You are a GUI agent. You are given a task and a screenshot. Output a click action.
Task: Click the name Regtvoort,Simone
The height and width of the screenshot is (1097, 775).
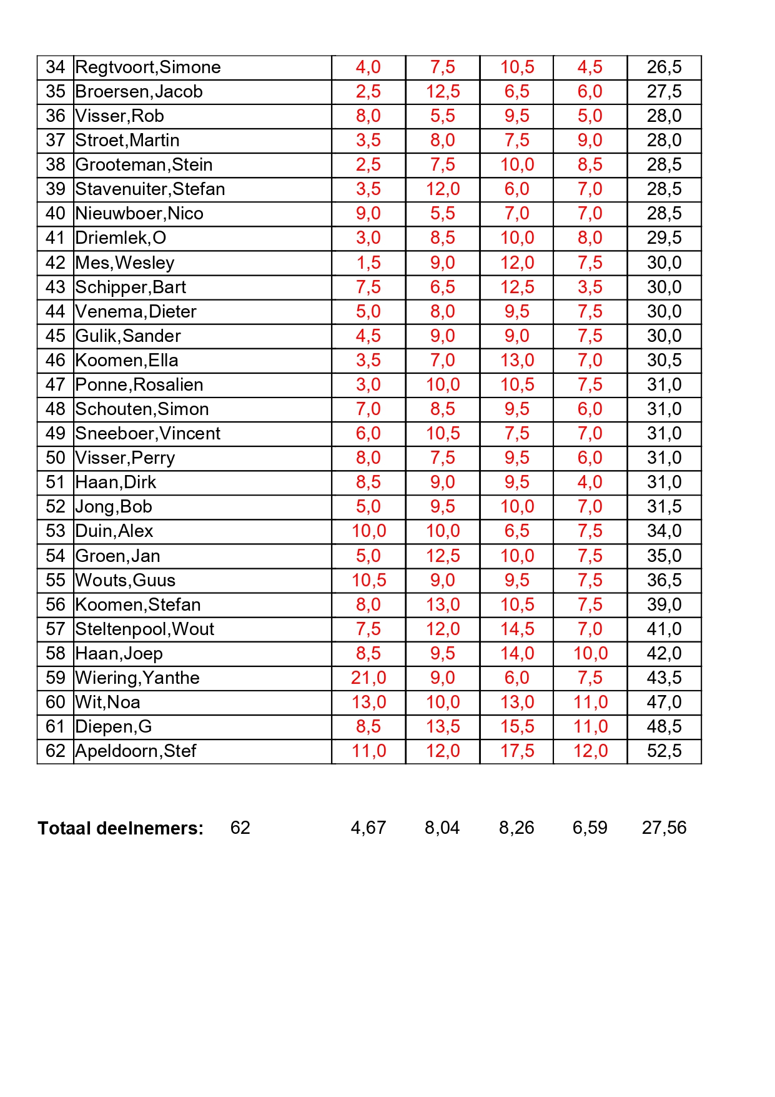click(x=147, y=68)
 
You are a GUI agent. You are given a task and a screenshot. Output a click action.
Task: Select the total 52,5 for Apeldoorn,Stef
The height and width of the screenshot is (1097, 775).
click(x=664, y=751)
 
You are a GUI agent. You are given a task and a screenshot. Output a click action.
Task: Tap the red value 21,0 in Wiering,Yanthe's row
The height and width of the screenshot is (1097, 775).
click(x=368, y=678)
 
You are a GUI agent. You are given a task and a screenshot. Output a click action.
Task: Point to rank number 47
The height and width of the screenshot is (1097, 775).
click(x=55, y=384)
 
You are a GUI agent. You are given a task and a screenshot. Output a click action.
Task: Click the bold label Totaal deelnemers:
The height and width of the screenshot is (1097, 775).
click(x=121, y=828)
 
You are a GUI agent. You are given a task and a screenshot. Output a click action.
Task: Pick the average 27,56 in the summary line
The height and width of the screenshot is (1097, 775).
click(x=664, y=828)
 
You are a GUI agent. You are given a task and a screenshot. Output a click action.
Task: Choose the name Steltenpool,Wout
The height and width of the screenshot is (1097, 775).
click(x=144, y=629)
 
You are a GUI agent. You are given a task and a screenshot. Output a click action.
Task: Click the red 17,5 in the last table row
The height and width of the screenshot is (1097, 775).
click(x=516, y=751)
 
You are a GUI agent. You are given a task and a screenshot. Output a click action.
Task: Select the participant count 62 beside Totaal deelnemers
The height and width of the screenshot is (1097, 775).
click(x=240, y=828)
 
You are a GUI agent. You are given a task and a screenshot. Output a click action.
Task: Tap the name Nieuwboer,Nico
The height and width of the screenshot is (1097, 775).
click(x=139, y=214)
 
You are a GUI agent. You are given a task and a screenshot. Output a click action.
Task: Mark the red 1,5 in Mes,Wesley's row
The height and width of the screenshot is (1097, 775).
click(x=368, y=263)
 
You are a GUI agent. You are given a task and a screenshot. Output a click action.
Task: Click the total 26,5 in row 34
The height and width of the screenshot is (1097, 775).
click(x=664, y=68)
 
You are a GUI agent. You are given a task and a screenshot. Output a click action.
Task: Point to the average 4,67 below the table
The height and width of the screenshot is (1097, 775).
click(x=368, y=828)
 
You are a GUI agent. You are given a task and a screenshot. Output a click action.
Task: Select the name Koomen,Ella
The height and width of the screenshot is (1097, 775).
click(x=126, y=360)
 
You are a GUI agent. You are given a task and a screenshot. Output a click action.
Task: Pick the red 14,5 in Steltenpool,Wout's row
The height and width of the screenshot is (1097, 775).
click(x=516, y=629)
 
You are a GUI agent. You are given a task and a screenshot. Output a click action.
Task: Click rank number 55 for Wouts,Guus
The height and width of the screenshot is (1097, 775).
click(x=55, y=580)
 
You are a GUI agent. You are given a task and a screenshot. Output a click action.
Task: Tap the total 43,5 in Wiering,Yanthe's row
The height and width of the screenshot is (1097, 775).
click(x=664, y=678)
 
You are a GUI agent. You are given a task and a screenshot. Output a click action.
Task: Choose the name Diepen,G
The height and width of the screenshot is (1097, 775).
click(x=113, y=726)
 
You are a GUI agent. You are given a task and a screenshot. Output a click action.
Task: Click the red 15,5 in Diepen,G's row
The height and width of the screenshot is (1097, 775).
click(x=516, y=726)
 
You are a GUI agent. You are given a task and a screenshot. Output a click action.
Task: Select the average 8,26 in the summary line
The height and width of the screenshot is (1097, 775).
click(x=516, y=828)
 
